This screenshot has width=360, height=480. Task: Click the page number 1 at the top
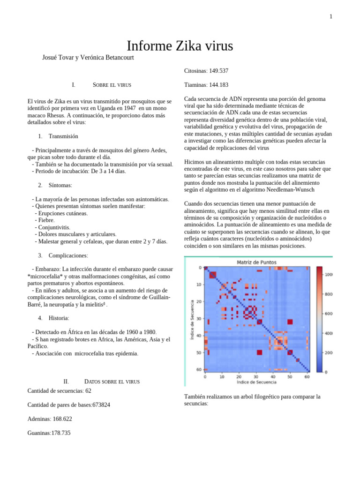330,17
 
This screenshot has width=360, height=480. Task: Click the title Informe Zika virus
180,46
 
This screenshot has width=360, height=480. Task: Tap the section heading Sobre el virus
112,85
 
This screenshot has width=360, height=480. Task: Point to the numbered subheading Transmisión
63,136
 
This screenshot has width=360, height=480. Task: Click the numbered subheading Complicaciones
68,255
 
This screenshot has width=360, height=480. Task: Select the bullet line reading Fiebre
46,220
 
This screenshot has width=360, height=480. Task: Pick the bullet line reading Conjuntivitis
54,227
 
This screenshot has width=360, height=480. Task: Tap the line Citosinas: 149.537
206,71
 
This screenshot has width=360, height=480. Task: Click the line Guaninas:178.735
49,433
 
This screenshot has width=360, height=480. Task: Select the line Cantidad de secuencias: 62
59,390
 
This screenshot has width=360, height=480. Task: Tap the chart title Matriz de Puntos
256,262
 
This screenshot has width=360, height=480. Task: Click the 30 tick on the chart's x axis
256,376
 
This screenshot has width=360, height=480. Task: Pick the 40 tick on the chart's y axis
199,336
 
